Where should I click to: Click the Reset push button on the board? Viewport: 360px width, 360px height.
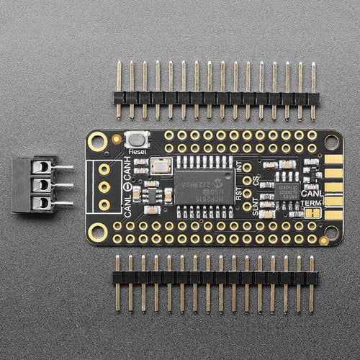pos(134,140)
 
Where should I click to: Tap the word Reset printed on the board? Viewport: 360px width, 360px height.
pos(137,152)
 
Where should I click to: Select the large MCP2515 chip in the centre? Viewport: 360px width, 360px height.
pos(202,186)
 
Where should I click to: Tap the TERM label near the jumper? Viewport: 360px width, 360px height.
pos(312,204)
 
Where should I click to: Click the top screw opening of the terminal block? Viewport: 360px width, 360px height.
pos(43,168)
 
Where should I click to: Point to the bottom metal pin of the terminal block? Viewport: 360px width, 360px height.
pos(63,203)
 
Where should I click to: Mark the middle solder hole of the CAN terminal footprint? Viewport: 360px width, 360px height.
pos(105,187)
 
